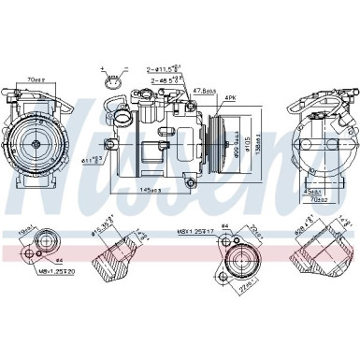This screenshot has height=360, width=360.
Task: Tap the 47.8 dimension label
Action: tap(205, 92)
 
